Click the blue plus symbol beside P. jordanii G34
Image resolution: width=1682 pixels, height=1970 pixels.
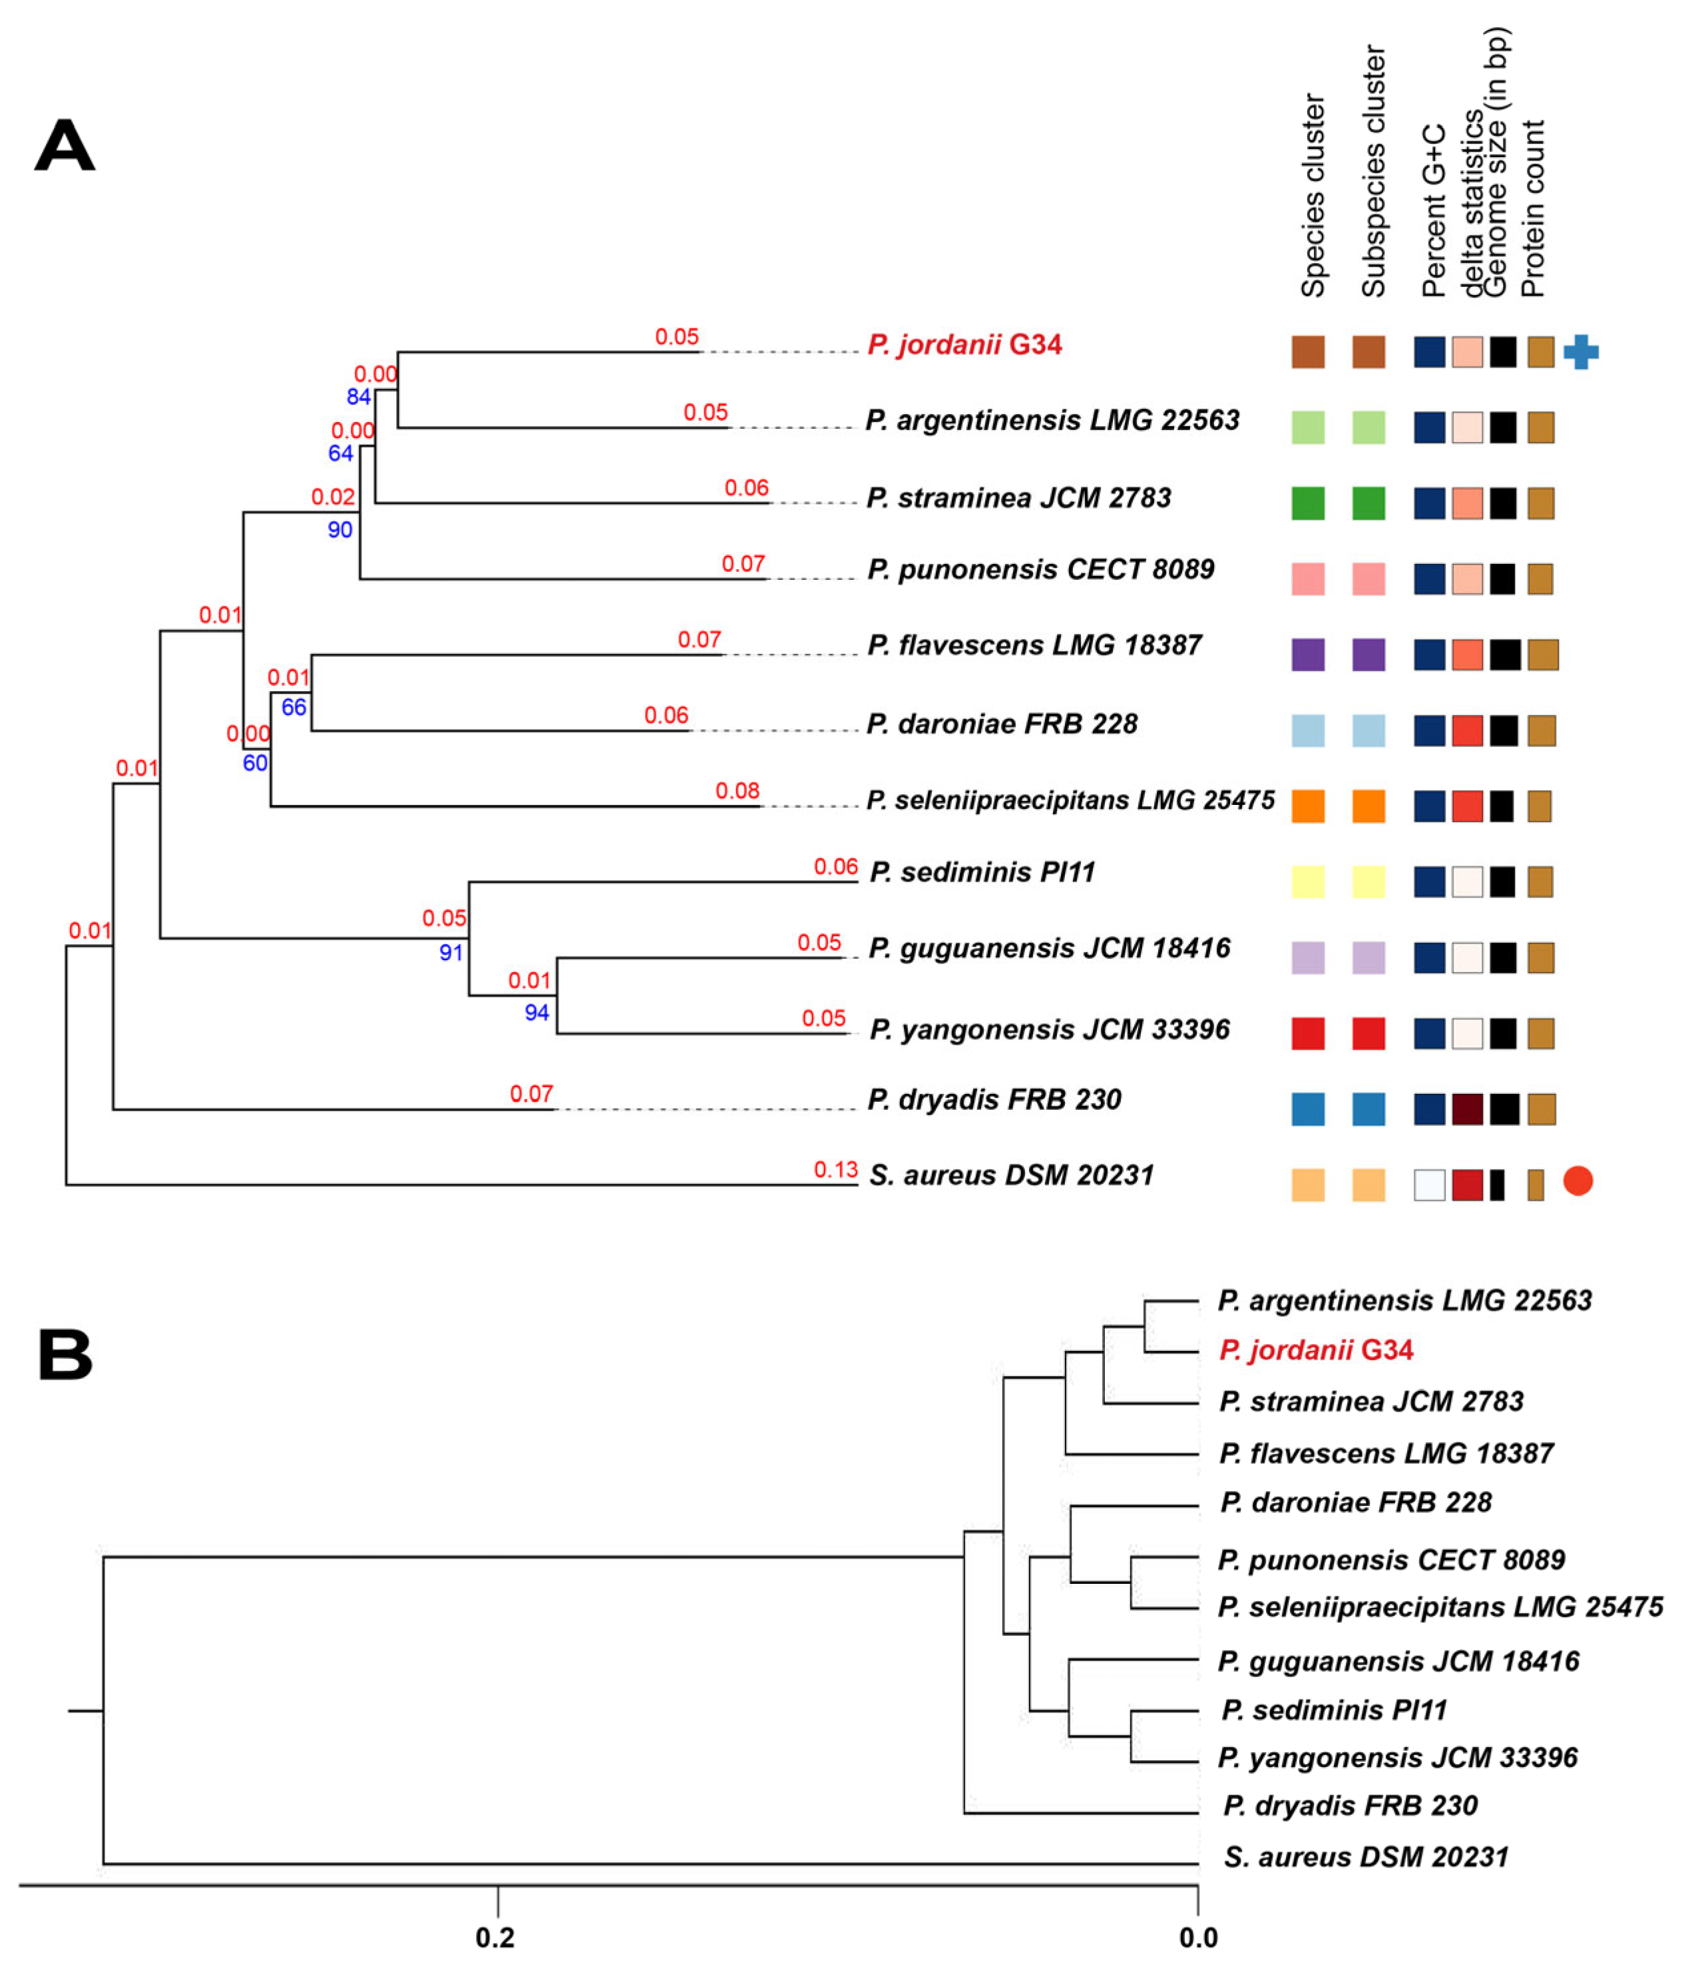tap(1579, 352)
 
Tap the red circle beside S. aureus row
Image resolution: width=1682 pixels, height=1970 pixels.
tap(1577, 1181)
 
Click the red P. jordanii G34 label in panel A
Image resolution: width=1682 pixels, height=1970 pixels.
tap(964, 344)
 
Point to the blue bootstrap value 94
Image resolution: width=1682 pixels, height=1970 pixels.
tap(536, 1013)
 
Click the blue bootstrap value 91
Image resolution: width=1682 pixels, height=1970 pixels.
tap(451, 953)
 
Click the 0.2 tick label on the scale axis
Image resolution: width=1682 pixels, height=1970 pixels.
tap(495, 1937)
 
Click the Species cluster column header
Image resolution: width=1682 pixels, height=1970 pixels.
tap(1313, 195)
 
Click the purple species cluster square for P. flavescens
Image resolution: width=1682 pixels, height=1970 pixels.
tap(1307, 654)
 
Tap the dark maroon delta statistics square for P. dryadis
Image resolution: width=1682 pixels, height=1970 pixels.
tap(1466, 1108)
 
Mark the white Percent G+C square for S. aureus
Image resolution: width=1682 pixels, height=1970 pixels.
tap(1428, 1184)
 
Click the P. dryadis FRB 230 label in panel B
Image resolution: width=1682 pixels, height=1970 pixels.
tap(1349, 1805)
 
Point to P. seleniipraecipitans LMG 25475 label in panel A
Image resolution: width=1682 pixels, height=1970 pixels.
tap(1070, 800)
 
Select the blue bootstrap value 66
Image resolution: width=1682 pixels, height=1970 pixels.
tap(294, 707)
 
